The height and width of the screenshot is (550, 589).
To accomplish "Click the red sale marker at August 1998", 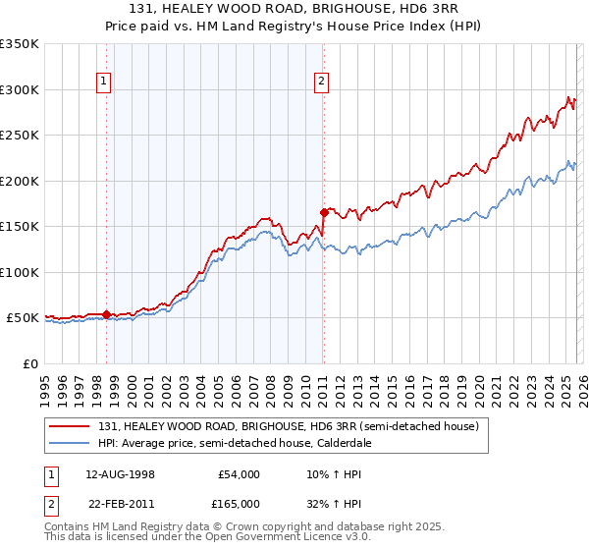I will pyautogui.click(x=106, y=314).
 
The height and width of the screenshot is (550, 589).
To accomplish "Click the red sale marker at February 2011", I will pyautogui.click(x=323, y=212).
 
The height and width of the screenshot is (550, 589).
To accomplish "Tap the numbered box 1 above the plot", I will pyautogui.click(x=104, y=82).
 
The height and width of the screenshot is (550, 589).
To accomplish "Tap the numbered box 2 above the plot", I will pyautogui.click(x=321, y=82).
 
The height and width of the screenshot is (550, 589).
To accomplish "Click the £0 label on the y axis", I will pyautogui.click(x=29, y=363).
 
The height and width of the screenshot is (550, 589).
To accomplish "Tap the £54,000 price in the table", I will pyautogui.click(x=237, y=474).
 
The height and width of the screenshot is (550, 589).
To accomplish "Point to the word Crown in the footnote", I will pyautogui.click(x=225, y=526).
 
